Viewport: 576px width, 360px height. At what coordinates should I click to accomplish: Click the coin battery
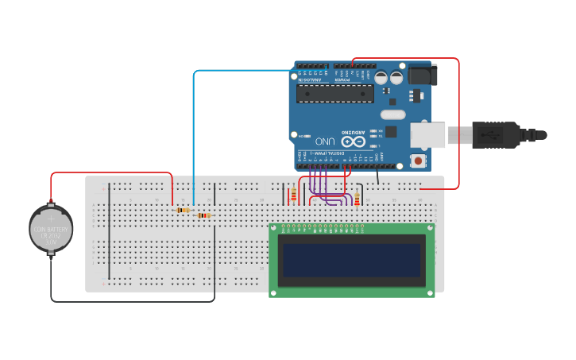(x=51, y=229)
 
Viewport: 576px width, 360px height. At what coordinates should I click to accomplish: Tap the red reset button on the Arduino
(x=418, y=161)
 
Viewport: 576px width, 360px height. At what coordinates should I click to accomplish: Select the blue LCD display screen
(x=352, y=260)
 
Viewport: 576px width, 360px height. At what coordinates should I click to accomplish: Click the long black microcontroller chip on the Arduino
(x=334, y=94)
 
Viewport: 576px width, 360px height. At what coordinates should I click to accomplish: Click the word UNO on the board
(x=326, y=141)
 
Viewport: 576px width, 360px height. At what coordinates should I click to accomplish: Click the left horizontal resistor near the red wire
(x=184, y=210)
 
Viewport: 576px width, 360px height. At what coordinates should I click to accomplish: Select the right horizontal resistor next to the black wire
(x=204, y=215)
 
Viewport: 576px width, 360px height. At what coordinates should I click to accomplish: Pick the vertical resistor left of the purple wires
(x=294, y=194)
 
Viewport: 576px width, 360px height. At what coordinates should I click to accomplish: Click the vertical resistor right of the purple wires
(x=357, y=199)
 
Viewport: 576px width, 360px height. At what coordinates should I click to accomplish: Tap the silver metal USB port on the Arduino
(x=427, y=135)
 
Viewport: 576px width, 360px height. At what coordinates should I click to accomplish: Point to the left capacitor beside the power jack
(x=381, y=78)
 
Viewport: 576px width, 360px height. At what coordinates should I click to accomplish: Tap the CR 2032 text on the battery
(x=51, y=235)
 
